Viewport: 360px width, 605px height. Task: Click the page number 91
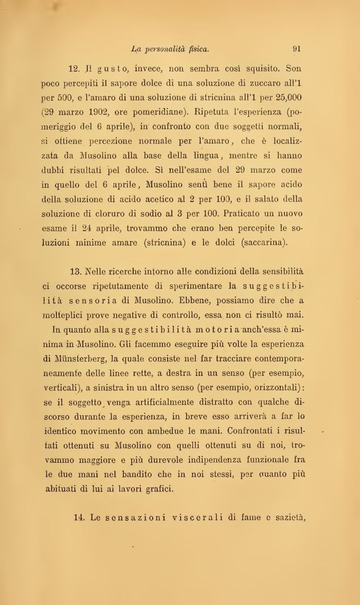point(296,49)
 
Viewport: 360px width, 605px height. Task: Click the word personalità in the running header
point(165,49)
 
